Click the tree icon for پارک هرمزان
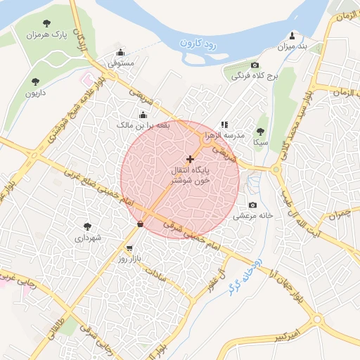pos(47,24)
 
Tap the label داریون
pos(35,92)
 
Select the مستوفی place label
pos(120,63)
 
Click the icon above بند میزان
pos(292,35)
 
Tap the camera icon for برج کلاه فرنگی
pos(255,64)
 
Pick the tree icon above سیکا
pos(260,131)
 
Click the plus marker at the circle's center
pos(190,160)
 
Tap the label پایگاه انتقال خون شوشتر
pos(192,176)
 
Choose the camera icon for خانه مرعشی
pos(252,205)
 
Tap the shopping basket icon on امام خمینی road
pos(141,224)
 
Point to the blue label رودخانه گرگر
pos(247,274)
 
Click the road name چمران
pos(340,212)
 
